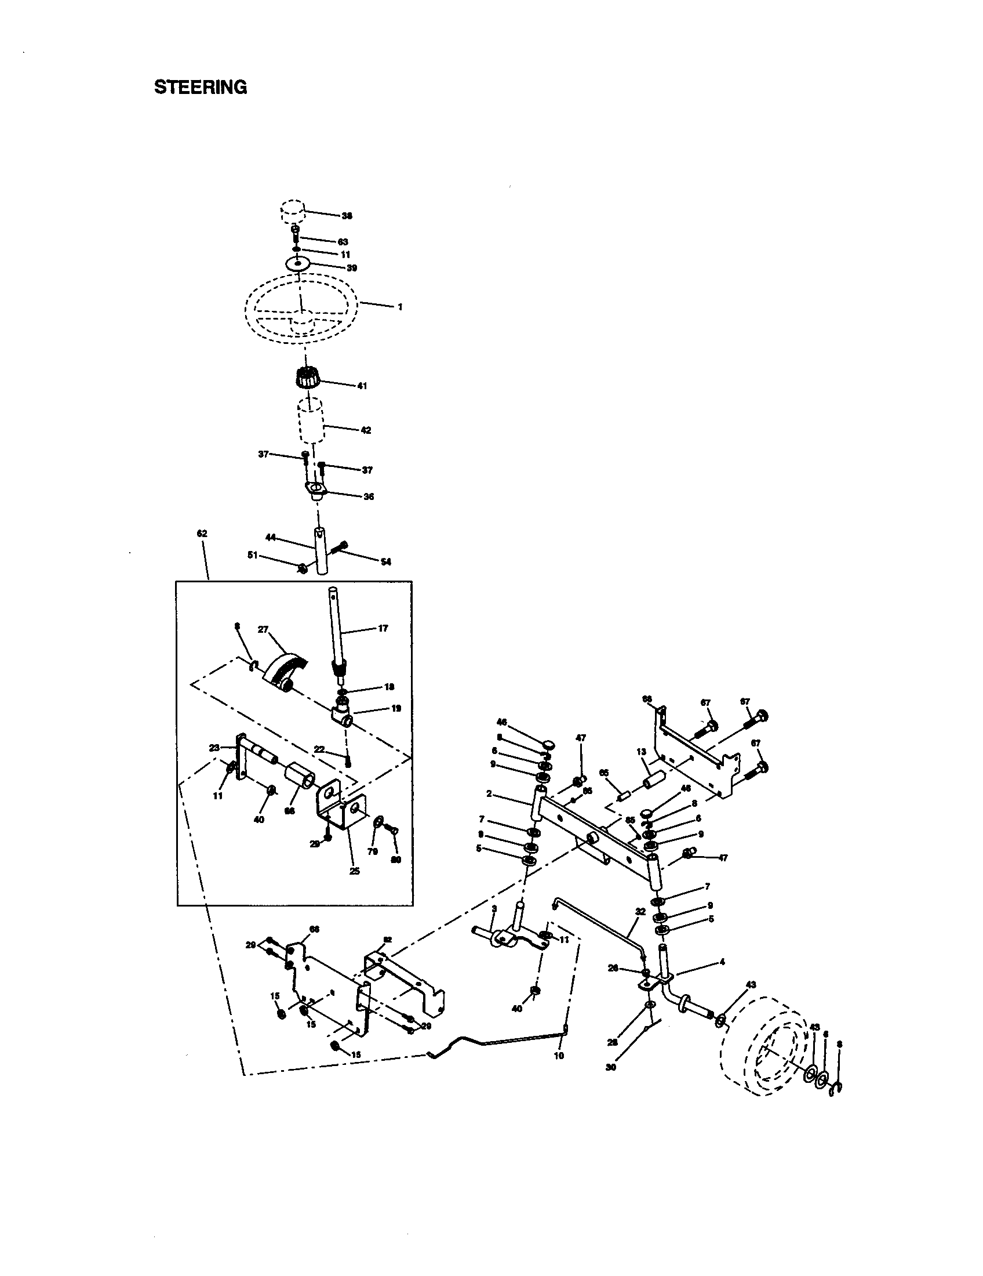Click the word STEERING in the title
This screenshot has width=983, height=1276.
[200, 87]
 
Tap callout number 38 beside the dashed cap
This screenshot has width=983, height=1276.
[347, 216]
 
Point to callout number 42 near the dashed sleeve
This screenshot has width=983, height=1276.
[366, 430]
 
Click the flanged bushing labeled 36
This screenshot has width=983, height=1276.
[316, 489]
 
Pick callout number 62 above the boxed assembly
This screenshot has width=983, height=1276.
[202, 534]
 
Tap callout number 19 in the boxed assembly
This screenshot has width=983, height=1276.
[396, 708]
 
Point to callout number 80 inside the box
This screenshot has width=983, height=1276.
[396, 860]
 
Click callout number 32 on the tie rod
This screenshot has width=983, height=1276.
[640, 911]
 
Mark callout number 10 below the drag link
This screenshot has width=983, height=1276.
[559, 1056]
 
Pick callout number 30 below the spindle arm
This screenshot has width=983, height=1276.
[611, 1068]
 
